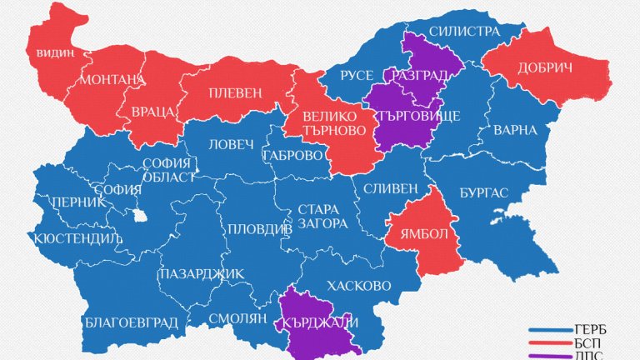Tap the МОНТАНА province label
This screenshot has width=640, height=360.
click(112, 81)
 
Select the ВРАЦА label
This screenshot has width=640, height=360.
click(152, 112)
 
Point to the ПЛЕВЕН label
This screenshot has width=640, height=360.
click(234, 92)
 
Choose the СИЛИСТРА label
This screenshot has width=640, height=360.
click(465, 32)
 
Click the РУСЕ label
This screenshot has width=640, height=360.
click(357, 76)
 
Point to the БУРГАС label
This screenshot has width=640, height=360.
click(483, 192)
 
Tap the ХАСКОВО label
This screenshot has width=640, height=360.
click(360, 285)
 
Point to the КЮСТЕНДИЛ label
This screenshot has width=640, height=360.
click(77, 238)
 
